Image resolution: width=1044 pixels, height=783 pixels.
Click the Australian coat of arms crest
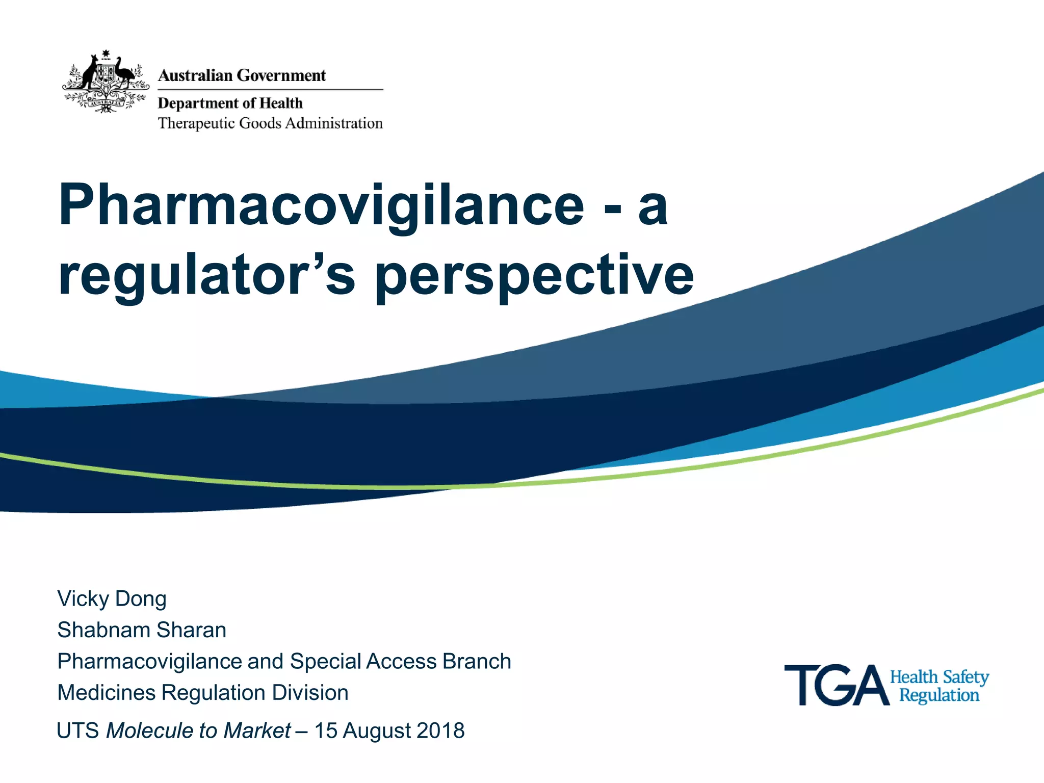[x=106, y=82]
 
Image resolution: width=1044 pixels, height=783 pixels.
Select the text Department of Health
[x=230, y=103]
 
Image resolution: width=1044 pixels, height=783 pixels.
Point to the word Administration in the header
[x=334, y=123]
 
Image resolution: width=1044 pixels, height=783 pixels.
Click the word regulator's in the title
[x=206, y=275]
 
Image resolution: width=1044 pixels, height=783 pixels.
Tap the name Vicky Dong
[x=112, y=599]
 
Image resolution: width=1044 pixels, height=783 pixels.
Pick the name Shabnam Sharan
[x=142, y=630]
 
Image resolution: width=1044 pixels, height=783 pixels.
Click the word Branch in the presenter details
[x=477, y=661]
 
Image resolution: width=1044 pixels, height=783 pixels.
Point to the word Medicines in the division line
[x=107, y=693]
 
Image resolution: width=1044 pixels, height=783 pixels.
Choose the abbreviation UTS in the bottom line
[x=77, y=730]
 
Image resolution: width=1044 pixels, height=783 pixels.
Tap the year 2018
[x=440, y=730]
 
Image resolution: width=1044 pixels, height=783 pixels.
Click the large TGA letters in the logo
[x=836, y=686]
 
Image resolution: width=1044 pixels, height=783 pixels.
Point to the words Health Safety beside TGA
[x=939, y=677]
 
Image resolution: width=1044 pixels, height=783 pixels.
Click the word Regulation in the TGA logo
[x=939, y=695]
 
